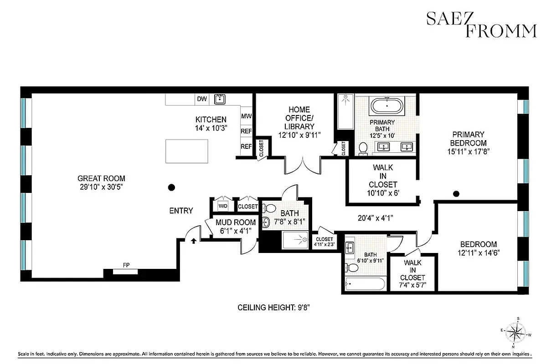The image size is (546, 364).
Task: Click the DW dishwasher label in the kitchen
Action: pyautogui.click(x=201, y=99)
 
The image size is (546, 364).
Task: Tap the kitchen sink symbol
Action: pyautogui.click(x=221, y=99)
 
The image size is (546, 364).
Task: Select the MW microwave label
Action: pyautogui.click(x=246, y=116)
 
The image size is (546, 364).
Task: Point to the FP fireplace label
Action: pyautogui.click(x=125, y=265)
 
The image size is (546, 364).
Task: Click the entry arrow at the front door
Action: pyautogui.click(x=194, y=241)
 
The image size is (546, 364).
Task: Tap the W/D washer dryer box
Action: pyautogui.click(x=223, y=206)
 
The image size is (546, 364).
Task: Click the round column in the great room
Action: pyautogui.click(x=171, y=187)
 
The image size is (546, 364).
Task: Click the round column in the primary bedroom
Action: pyautogui.click(x=456, y=194)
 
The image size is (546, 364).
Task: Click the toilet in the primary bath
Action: pyautogui.click(x=363, y=148)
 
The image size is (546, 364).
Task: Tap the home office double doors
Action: pyautogui.click(x=303, y=165)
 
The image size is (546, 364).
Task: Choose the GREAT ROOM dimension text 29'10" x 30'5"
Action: pyautogui.click(x=101, y=187)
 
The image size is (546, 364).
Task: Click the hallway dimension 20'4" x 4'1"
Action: pyautogui.click(x=376, y=218)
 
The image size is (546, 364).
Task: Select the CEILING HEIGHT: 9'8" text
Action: pyautogui.click(x=274, y=308)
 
